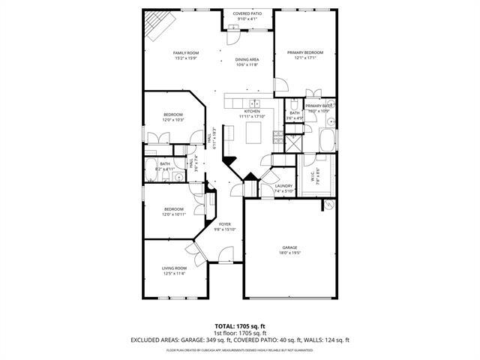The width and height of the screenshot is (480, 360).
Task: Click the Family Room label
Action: tap(185, 52)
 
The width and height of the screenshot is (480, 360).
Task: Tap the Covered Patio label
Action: tap(247, 13)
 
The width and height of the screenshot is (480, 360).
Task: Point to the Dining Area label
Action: tap(247, 59)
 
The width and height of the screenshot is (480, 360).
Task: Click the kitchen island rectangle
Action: tap(254, 133)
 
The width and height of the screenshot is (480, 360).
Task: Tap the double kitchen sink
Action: tap(254, 104)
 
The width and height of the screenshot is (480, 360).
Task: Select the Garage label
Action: tap(290, 247)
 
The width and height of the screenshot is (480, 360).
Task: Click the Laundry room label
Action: tap(283, 186)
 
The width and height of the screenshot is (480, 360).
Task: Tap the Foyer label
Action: tap(225, 224)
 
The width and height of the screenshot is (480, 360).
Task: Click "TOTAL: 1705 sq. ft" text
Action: tap(240, 327)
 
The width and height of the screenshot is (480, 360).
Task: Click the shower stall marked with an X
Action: tap(292, 139)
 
